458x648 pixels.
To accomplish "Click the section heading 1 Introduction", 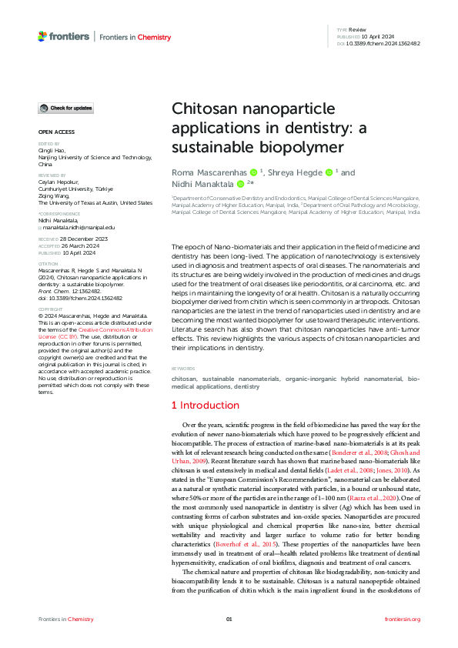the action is click(206, 404).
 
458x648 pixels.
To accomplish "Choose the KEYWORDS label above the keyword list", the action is click(183, 369).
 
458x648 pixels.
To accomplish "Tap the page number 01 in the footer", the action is click(229, 619).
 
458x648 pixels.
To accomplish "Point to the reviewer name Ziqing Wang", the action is click(56, 196).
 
